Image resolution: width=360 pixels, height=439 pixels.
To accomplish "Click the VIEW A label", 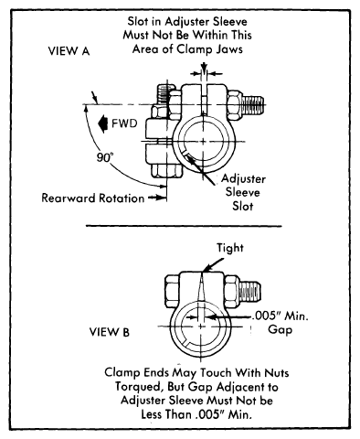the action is click(69, 51).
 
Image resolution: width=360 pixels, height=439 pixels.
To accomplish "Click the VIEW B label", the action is click(110, 331).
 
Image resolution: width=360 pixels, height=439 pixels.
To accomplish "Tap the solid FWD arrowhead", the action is click(103, 123).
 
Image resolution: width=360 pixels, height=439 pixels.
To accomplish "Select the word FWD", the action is click(124, 123).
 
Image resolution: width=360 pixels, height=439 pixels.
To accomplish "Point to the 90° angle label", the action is click(105, 157).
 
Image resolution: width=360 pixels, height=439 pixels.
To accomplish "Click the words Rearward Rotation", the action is click(93, 198).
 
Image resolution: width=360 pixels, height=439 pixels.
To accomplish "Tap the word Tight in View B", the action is click(230, 248).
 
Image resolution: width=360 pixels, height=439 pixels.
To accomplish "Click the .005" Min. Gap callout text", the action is click(281, 323).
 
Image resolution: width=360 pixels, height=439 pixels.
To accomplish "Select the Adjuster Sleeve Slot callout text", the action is click(243, 192).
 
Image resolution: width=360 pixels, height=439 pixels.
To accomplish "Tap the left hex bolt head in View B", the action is click(172, 290).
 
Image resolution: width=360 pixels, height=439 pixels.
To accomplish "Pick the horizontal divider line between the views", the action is click(184, 226).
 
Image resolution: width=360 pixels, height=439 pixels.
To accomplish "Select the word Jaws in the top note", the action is click(229, 48).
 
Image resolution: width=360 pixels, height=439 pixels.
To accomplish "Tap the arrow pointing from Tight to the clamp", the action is click(214, 264).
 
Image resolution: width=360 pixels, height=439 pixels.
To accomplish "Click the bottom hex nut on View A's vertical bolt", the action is click(166, 172).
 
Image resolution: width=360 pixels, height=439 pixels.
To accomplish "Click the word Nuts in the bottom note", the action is click(277, 372).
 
